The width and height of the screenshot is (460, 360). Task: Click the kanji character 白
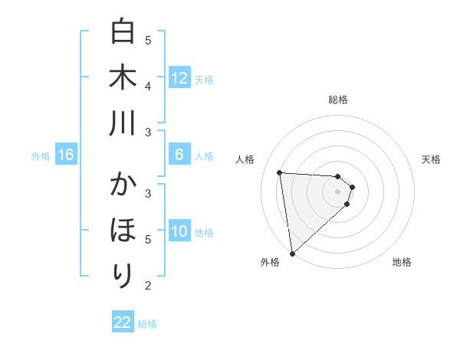(x=123, y=33)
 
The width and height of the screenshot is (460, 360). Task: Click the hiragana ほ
(x=123, y=230)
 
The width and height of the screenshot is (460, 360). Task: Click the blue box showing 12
(x=179, y=78)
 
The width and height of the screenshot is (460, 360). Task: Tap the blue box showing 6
(x=179, y=155)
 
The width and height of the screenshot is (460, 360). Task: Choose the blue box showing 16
(x=66, y=155)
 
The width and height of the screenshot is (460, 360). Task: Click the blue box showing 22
(x=123, y=322)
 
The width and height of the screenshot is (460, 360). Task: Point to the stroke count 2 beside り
(x=148, y=285)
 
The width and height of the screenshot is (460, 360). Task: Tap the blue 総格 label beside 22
(x=147, y=324)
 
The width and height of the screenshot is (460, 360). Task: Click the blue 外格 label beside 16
(x=41, y=156)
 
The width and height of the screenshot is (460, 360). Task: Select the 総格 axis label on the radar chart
(x=338, y=100)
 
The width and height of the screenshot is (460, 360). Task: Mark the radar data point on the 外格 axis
(x=292, y=254)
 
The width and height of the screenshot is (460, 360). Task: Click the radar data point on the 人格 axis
(x=279, y=172)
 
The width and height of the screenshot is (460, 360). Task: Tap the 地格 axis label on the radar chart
(x=402, y=262)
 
